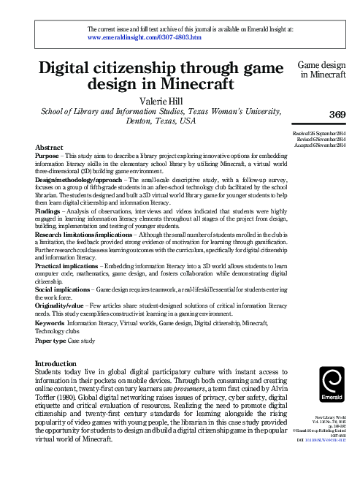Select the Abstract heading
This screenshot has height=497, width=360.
click(x=52, y=148)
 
